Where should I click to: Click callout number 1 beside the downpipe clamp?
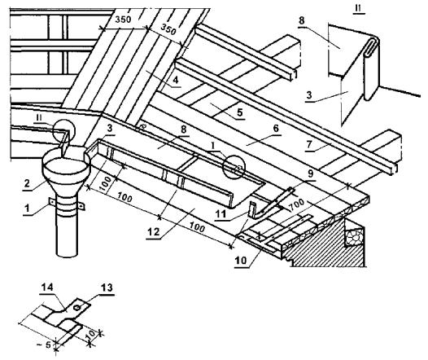click(x=27, y=209)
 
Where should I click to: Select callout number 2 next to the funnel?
click(x=27, y=183)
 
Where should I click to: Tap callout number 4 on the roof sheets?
click(x=176, y=80)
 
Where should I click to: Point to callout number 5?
click(x=239, y=112)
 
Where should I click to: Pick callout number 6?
click(x=276, y=128)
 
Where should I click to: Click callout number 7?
click(x=309, y=144)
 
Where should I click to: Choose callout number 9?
click(x=311, y=174)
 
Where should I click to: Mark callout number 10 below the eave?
click(x=241, y=261)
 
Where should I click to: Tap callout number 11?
click(x=221, y=214)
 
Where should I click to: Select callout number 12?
click(x=153, y=232)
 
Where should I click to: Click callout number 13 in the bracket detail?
click(x=107, y=288)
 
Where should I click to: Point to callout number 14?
click(x=47, y=287)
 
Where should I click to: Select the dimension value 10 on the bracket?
click(x=92, y=333)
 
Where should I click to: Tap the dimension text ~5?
click(x=44, y=345)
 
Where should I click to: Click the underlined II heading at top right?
click(x=357, y=8)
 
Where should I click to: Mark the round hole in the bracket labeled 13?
click(x=77, y=308)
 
